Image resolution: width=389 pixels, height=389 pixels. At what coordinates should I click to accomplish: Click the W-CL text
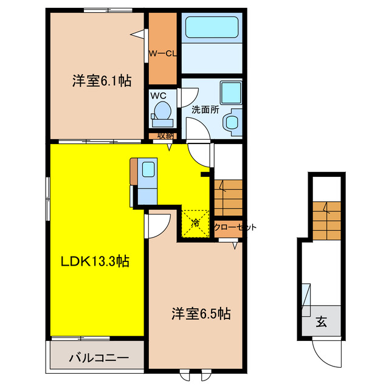point(162,53)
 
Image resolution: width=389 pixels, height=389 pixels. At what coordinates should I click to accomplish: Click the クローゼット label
point(235,227)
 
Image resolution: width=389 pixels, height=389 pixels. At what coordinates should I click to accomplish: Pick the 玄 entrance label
point(320,323)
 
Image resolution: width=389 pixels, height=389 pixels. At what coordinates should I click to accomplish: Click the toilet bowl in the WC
point(162,112)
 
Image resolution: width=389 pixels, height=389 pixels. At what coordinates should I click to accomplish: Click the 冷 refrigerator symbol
point(196,222)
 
